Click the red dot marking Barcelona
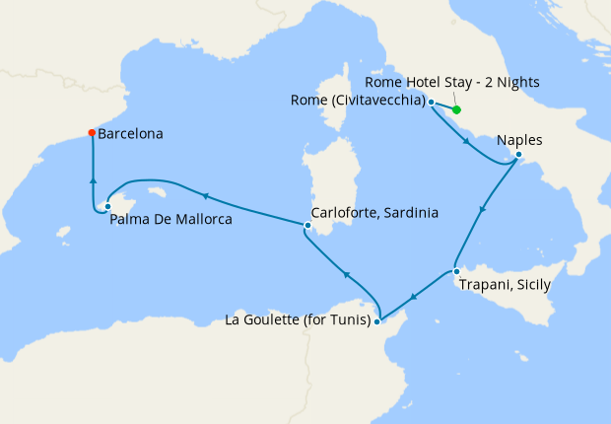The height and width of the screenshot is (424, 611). point(92,133)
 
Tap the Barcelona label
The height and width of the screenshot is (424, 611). point(131,133)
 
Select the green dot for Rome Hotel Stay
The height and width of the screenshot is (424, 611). point(457,109)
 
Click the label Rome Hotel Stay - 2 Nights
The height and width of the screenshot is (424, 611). point(451,81)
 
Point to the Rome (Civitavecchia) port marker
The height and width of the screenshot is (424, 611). point(432,102)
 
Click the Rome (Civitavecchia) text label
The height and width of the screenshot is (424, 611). point(358,101)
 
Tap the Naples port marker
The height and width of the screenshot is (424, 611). point(518,155)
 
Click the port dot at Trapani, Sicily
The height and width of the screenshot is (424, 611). point(456,271)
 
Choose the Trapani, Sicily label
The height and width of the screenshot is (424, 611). point(505,286)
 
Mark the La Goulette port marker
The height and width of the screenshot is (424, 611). point(379,319)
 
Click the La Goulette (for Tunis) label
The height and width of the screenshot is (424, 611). point(298,319)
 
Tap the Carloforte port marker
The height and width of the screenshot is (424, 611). point(307,226)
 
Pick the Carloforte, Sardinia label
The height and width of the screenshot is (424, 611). point(374,212)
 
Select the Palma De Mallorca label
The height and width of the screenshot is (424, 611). point(171,220)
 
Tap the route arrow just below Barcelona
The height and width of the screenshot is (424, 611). point(93,179)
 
